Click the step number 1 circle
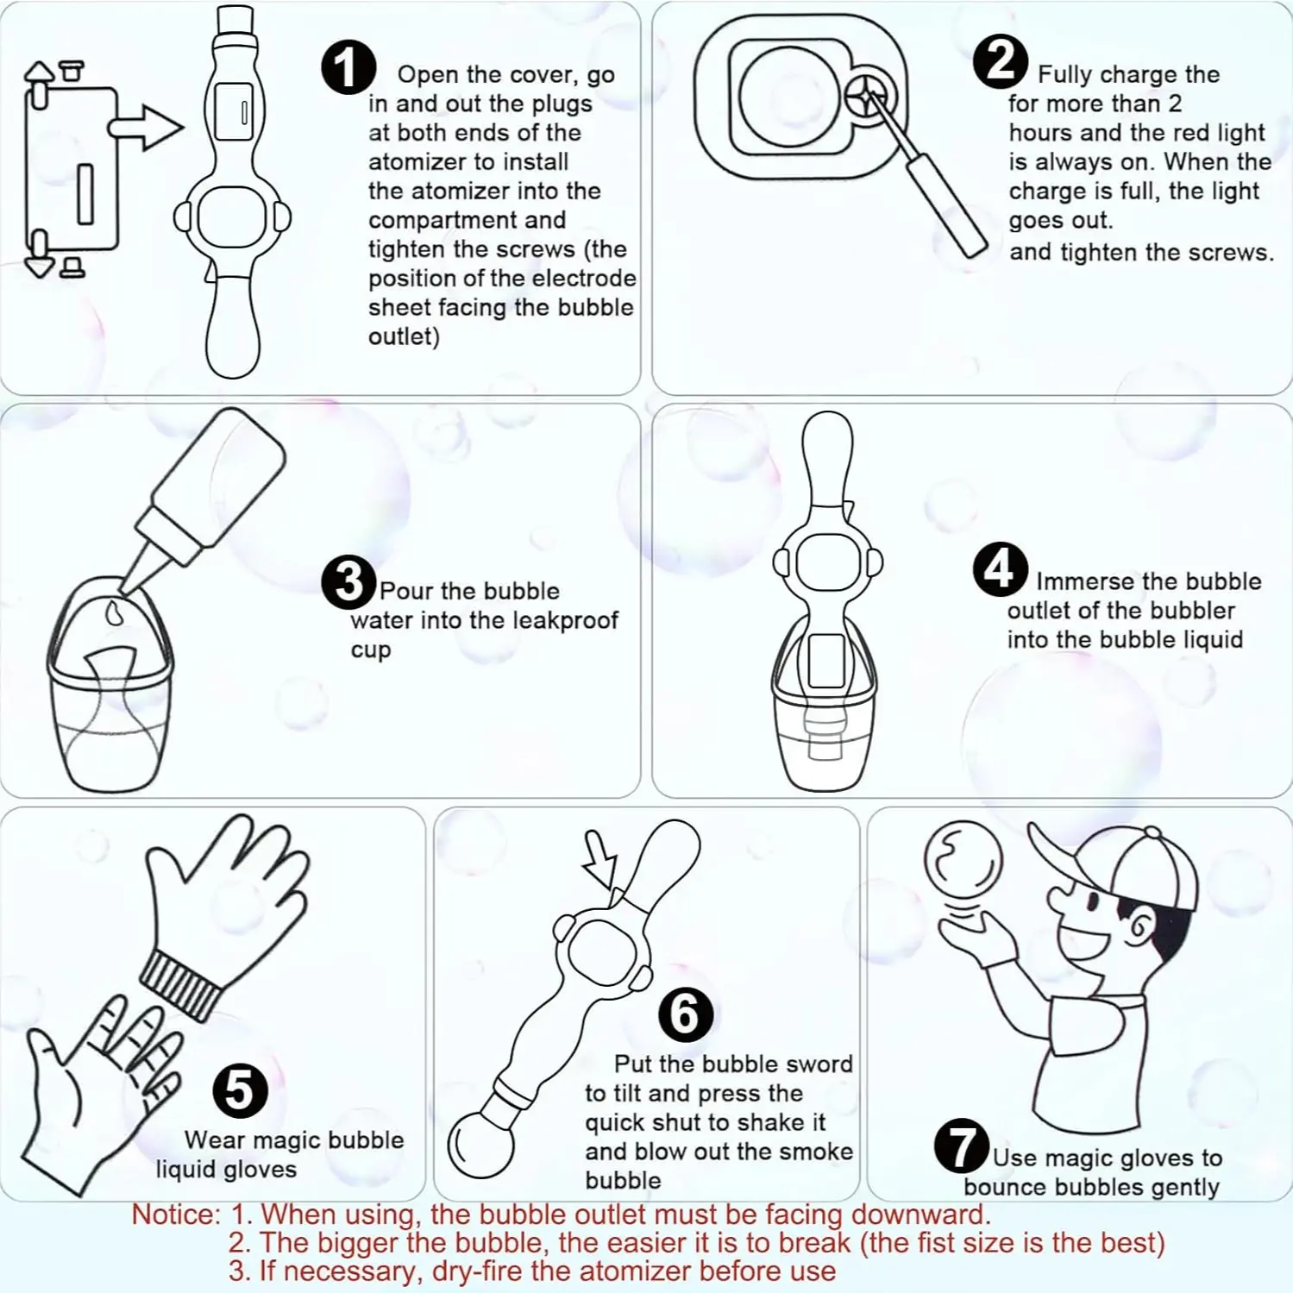click(x=348, y=67)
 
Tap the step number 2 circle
click(x=1000, y=62)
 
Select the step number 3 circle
click(x=348, y=582)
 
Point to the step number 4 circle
click(x=1000, y=569)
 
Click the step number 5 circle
click(x=240, y=1090)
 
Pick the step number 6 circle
click(x=686, y=1014)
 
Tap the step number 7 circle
click(x=962, y=1146)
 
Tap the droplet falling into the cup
click(x=114, y=613)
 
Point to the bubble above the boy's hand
click(x=963, y=861)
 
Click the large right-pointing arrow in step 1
click(x=146, y=128)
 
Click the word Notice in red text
click(x=176, y=1215)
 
